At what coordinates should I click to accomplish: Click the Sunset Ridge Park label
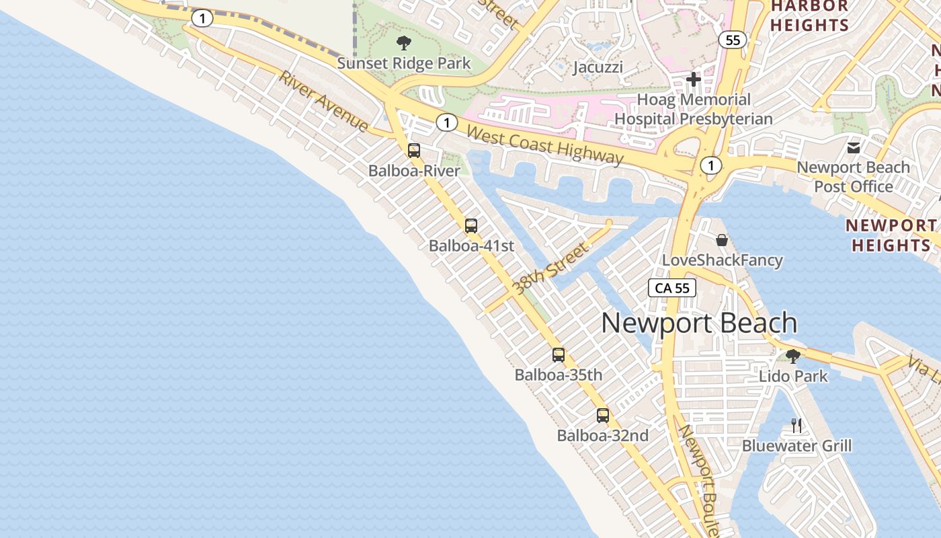click(x=404, y=64)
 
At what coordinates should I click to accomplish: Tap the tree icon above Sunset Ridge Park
click(x=404, y=44)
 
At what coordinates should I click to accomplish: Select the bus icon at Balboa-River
click(x=414, y=151)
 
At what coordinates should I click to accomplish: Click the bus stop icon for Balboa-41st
click(x=471, y=226)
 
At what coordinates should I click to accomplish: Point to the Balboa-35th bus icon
click(x=559, y=355)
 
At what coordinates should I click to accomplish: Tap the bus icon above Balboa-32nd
click(x=603, y=416)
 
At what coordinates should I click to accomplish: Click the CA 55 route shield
click(x=672, y=289)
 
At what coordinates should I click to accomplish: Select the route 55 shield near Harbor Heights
click(x=733, y=40)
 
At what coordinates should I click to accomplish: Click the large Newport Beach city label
click(x=699, y=323)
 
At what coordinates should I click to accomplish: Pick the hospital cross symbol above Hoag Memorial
click(x=694, y=80)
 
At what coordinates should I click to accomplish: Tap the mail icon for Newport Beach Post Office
click(x=854, y=148)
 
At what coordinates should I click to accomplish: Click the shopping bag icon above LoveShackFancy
click(x=722, y=240)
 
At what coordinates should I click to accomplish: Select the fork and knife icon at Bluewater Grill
click(x=796, y=425)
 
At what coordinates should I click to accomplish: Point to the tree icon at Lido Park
click(x=793, y=356)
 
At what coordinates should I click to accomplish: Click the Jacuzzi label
click(x=598, y=67)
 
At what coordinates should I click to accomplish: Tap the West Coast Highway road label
click(x=545, y=145)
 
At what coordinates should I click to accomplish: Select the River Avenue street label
click(x=324, y=102)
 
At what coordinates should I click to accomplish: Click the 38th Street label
click(x=550, y=269)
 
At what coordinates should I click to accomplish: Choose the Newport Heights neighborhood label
click(x=891, y=235)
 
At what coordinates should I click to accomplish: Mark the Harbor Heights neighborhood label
click(x=809, y=16)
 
